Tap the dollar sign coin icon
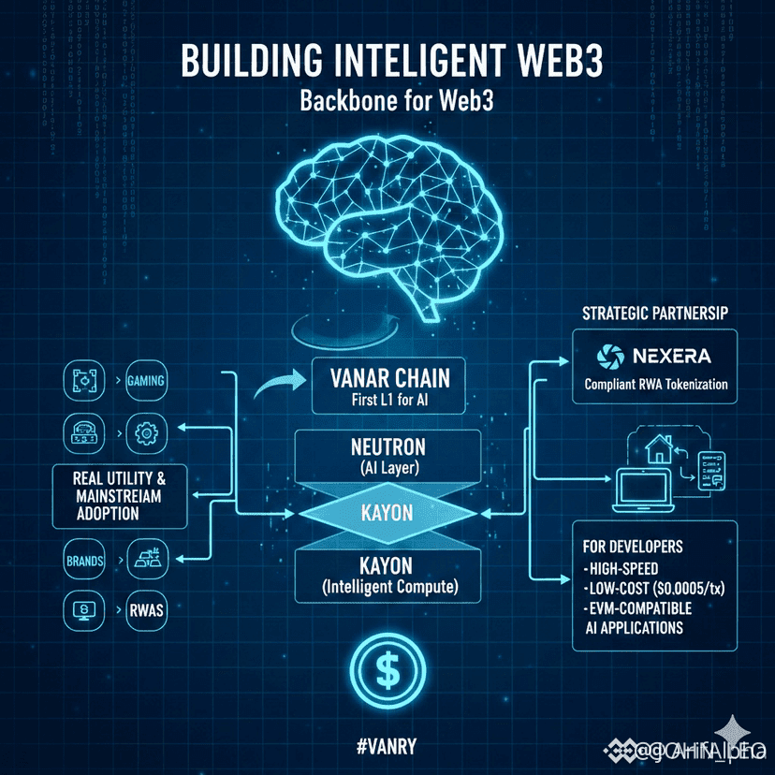click(x=387, y=668)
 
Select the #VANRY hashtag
click(x=387, y=746)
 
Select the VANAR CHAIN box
click(x=390, y=387)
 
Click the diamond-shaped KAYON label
click(x=388, y=513)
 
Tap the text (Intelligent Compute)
click(x=388, y=590)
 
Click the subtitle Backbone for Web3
click(x=387, y=103)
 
